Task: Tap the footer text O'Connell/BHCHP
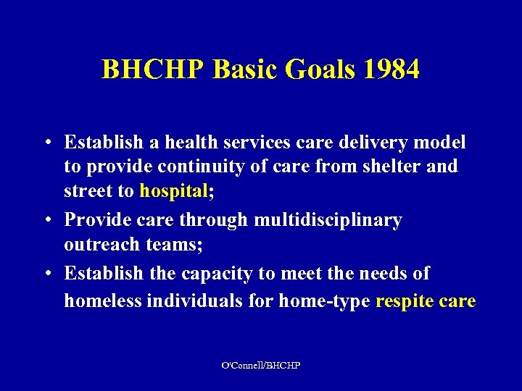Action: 261,366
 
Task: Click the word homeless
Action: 102,300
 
